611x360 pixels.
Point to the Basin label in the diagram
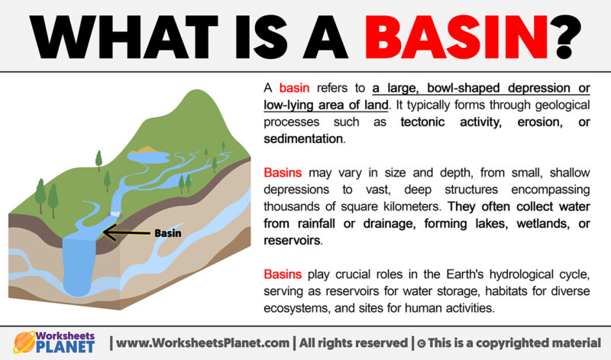pos(168,233)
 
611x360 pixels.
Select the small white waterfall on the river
pos(117,207)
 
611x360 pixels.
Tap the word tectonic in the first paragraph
pos(426,122)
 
